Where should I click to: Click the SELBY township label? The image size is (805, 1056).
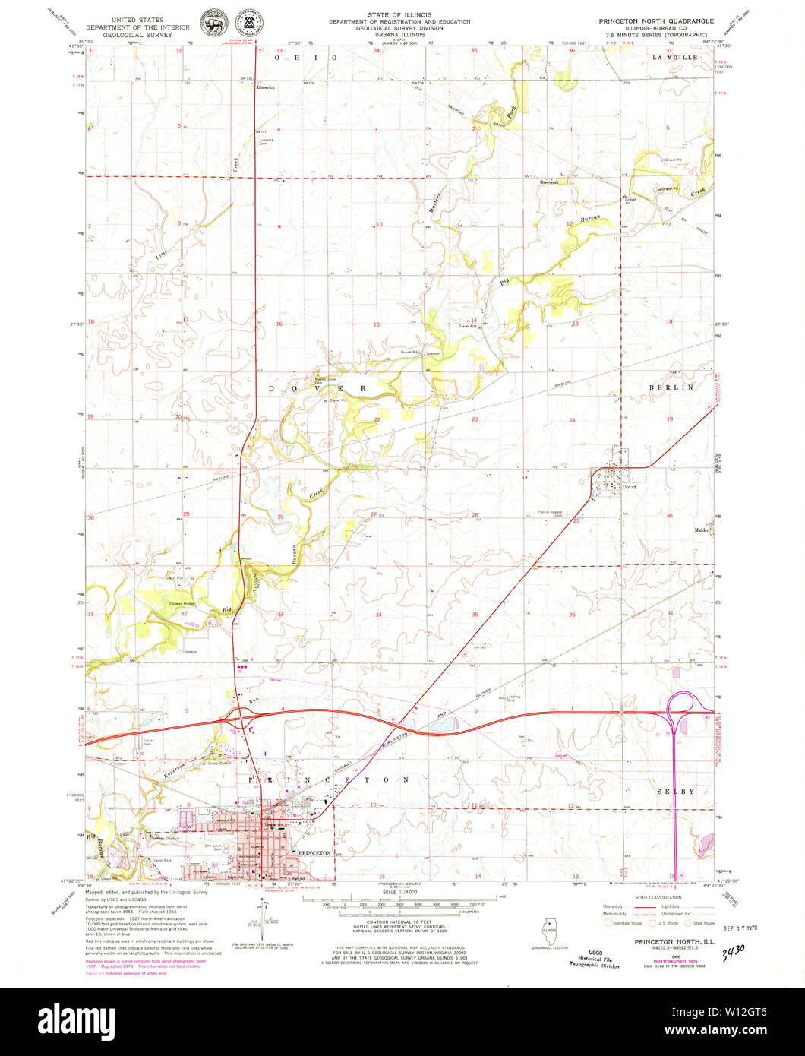tap(676, 791)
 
